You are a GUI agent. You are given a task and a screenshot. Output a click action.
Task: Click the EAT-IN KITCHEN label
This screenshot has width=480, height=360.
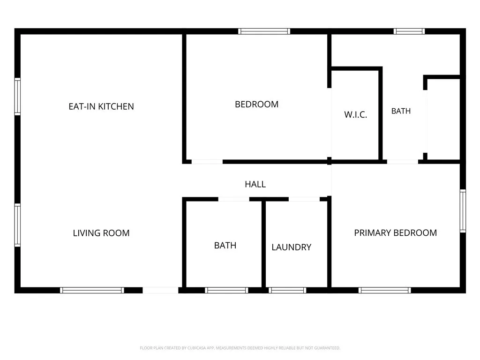(x=101, y=106)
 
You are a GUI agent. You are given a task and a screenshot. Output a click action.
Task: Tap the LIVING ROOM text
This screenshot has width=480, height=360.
(x=101, y=233)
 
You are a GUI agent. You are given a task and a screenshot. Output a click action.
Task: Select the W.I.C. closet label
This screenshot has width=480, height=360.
(x=355, y=115)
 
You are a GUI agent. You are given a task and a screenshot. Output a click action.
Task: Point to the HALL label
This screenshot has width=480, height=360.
(x=255, y=184)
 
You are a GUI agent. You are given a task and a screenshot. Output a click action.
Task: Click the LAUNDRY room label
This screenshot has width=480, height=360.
(x=292, y=247)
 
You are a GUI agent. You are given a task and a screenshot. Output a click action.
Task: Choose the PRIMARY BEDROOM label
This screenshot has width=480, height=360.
(x=396, y=233)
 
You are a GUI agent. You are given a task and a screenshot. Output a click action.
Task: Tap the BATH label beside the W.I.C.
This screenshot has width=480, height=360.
(x=401, y=111)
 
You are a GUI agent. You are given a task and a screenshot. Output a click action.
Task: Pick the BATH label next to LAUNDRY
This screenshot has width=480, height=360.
(x=225, y=246)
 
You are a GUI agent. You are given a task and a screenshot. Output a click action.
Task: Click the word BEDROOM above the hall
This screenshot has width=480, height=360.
(x=256, y=105)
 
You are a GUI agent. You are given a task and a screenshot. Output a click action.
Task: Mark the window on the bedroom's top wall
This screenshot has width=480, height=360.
(x=264, y=31)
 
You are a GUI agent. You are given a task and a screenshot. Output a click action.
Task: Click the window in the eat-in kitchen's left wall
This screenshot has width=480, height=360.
(x=18, y=97)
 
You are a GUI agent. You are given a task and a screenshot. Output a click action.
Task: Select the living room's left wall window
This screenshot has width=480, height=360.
(x=18, y=225)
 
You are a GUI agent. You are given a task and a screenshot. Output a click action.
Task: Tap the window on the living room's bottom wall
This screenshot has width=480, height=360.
(x=92, y=290)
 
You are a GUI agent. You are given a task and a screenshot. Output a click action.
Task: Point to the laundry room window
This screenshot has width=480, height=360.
(x=287, y=290)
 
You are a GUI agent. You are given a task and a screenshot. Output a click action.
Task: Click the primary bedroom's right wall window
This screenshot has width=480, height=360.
(x=463, y=211)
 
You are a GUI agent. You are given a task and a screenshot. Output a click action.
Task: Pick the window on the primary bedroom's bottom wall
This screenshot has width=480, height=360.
(x=385, y=290)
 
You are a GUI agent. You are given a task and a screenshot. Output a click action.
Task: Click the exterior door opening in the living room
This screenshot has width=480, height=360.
(x=160, y=290)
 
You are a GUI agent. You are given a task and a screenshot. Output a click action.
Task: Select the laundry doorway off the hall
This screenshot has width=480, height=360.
(x=304, y=199)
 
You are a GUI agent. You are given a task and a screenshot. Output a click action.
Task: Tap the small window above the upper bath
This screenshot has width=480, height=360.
(x=409, y=31)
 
